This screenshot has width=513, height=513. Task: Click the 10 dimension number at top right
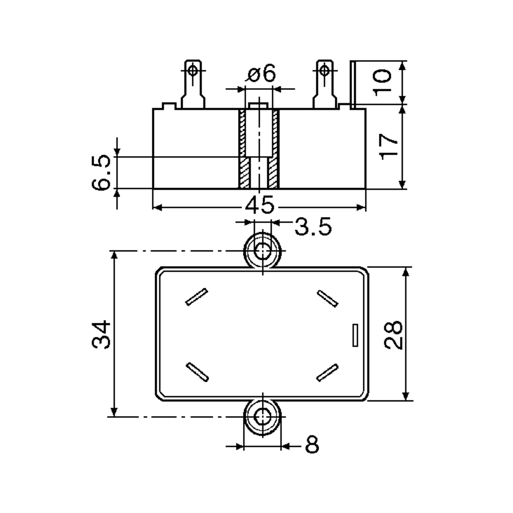point(382,82)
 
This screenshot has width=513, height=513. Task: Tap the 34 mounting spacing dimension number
point(101,334)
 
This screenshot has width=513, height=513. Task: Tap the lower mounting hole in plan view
point(262,417)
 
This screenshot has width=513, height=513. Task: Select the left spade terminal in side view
point(193,85)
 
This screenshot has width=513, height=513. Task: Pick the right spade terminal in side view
point(324,85)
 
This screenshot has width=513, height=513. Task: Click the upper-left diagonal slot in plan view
point(196,297)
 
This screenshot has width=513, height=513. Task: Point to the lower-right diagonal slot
point(327,373)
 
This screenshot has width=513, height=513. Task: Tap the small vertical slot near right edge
point(355,335)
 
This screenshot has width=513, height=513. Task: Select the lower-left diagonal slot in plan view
point(197,372)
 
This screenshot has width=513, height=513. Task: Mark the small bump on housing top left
point(169,106)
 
